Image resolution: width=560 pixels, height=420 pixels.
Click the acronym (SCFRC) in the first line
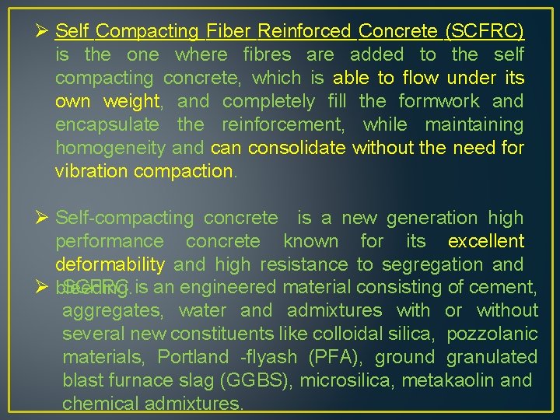484,32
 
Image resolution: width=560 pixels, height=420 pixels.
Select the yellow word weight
128,102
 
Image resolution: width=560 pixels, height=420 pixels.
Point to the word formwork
439,102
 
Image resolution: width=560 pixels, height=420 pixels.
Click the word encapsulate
107,125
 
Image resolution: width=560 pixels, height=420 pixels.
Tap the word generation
432,219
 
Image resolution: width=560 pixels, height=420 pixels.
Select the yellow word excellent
486,242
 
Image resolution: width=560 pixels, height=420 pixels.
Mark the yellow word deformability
110,265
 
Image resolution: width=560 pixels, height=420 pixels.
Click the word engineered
240,287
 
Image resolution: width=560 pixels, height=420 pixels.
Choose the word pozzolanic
492,334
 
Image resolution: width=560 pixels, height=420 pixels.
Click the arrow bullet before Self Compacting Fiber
42,32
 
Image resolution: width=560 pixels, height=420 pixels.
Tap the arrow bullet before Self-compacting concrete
42,219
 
